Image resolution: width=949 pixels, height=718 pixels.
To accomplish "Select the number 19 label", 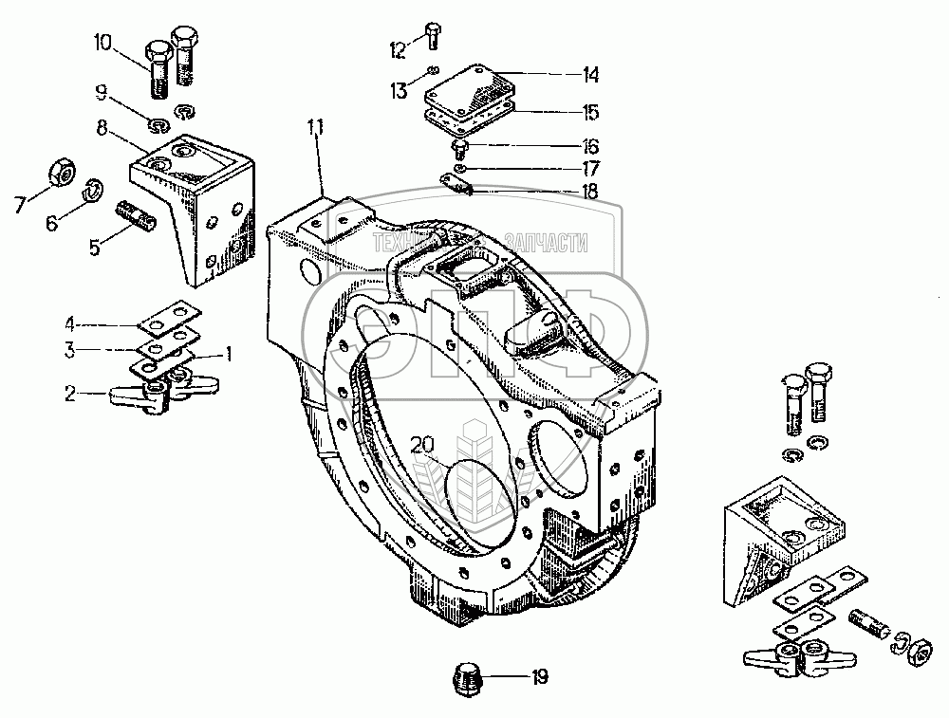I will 540,677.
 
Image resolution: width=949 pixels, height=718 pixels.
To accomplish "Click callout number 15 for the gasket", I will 589,112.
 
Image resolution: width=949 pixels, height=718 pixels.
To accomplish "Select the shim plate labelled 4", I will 170,316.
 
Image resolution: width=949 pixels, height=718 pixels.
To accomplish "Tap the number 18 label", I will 590,191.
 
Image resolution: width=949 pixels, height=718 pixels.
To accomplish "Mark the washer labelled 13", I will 434,70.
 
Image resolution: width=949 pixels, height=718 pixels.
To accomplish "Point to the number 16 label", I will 589,147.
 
